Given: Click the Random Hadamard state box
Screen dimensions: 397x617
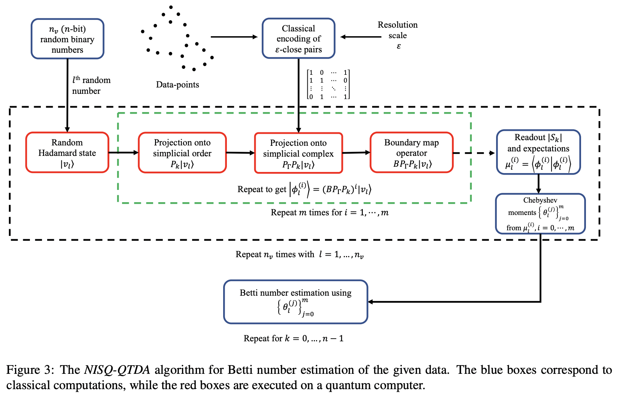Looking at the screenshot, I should [67, 153].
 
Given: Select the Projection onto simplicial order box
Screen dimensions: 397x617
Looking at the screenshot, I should [182, 153].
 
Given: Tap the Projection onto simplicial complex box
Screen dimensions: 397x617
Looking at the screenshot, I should [298, 153].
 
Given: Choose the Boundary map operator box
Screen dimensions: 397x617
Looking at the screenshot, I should [411, 153].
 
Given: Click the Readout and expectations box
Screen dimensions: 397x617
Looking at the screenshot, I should [538, 152].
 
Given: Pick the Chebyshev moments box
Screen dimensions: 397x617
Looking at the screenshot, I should [540, 213].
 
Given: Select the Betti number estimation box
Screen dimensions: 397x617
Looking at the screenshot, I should [295, 301].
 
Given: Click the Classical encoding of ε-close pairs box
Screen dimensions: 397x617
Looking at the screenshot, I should [298, 39].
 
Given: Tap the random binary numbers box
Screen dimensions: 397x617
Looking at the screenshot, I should [67, 39].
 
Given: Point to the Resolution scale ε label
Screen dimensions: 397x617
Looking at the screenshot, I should [398, 35].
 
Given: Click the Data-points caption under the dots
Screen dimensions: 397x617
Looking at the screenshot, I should [177, 84].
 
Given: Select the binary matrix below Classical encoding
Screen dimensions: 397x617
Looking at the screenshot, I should [328, 84].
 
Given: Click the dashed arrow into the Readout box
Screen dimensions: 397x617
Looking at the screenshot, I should [474, 153].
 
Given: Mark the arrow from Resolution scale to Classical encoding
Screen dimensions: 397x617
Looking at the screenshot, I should [361, 37].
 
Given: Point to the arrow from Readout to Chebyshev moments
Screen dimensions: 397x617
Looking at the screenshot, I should [538, 184].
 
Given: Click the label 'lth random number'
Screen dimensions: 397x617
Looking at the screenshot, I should [91, 85].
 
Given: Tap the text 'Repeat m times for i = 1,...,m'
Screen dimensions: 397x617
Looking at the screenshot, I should [329, 213].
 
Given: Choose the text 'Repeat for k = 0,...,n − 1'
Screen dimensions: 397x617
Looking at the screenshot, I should [294, 338].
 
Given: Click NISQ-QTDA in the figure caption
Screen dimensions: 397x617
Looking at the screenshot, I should [117, 370].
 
